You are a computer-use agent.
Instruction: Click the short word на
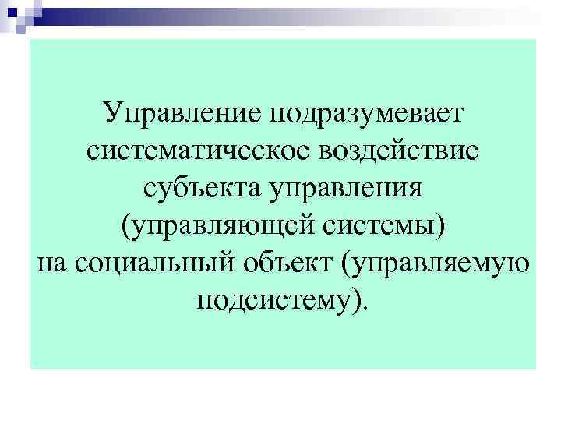(52, 264)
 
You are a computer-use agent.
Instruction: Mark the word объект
(285, 264)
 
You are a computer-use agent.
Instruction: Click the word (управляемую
(436, 264)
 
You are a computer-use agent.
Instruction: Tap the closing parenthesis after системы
(443, 227)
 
